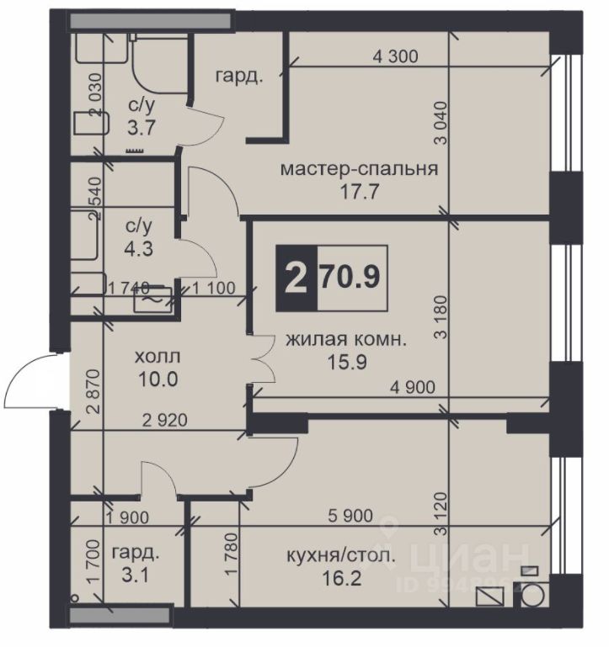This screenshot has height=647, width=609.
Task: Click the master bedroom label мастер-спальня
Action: pyautogui.click(x=359, y=169)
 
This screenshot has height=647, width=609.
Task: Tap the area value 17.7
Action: pyautogui.click(x=359, y=192)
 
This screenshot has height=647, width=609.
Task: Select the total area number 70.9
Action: pyautogui.click(x=350, y=278)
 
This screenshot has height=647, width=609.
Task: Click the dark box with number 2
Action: pyautogui.click(x=296, y=278)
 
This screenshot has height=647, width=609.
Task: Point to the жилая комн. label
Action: pyautogui.click(x=346, y=340)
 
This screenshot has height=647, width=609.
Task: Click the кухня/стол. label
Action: pyautogui.click(x=341, y=556)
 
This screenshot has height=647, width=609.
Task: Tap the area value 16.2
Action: pyautogui.click(x=342, y=579)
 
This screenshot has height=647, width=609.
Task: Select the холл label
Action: pyautogui.click(x=158, y=357)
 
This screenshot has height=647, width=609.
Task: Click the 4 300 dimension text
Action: pyautogui.click(x=395, y=56)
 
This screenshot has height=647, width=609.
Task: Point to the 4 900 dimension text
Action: pyautogui.click(x=413, y=387)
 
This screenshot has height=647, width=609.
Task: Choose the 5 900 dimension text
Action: pyautogui.click(x=350, y=516)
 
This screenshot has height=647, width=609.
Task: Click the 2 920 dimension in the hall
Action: pyautogui.click(x=165, y=421)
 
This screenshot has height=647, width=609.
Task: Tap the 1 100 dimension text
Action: pyautogui.click(x=214, y=288)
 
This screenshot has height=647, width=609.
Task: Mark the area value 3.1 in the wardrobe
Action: pyautogui.click(x=135, y=575)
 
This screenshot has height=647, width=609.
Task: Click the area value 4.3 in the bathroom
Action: pyautogui.click(x=139, y=249)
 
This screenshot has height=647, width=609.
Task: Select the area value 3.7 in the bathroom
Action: pyautogui.click(x=142, y=128)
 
